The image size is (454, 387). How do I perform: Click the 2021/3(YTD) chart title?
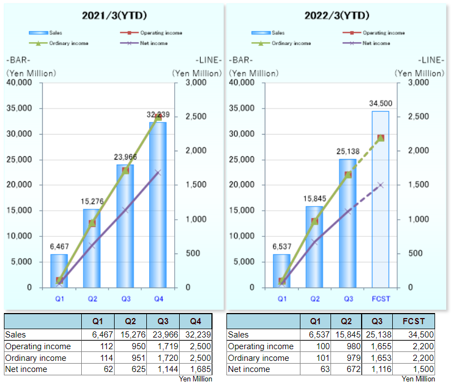[x=115, y=16]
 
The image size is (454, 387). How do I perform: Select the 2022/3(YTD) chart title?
[x=337, y=16]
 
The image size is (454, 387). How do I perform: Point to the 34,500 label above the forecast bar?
[x=381, y=103]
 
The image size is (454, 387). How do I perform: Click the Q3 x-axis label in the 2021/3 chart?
[x=126, y=299]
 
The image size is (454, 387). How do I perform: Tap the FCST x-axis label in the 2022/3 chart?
[x=381, y=299]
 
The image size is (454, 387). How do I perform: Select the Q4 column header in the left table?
[x=196, y=321]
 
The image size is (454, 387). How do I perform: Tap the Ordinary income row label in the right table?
[x=258, y=358]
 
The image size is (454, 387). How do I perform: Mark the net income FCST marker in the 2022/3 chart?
[x=381, y=185]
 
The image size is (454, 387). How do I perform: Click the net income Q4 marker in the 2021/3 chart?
[x=159, y=173]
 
